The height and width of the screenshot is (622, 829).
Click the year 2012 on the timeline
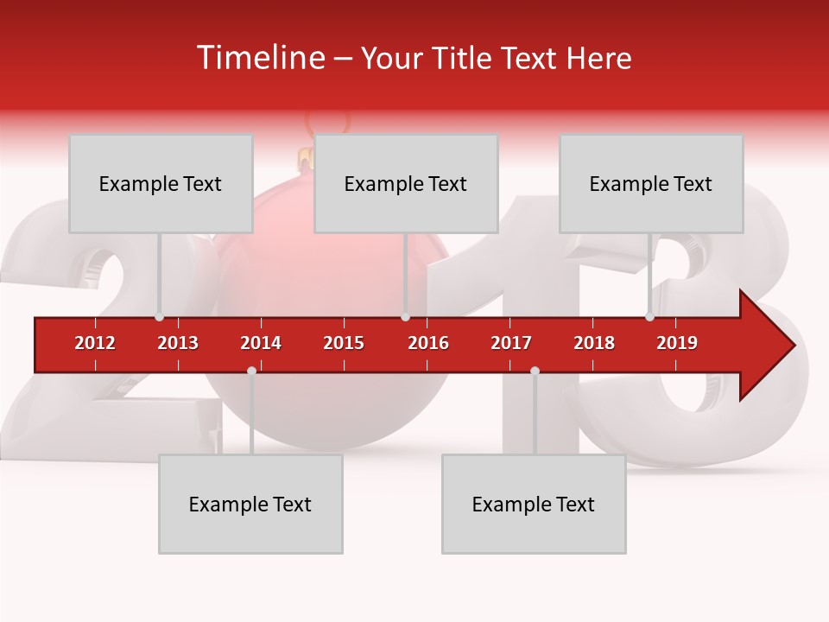coord(95,343)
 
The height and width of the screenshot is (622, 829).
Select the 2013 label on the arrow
coord(178,343)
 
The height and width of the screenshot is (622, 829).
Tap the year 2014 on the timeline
coord(261,343)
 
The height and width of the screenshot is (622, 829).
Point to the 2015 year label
coord(344,343)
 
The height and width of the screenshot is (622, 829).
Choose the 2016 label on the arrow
coord(428,343)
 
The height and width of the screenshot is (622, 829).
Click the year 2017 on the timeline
coord(511,343)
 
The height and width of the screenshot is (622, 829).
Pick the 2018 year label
coord(594,343)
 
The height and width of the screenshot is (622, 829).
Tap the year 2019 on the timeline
coord(677,343)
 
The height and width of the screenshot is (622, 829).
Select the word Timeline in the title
coord(258,58)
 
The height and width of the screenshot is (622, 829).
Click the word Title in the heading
coord(463,58)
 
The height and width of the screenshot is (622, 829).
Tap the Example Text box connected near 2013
coord(161,183)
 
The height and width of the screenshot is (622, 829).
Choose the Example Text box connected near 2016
coord(406,183)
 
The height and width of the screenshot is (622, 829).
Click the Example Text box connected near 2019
coord(651,183)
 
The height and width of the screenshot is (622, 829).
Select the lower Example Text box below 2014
coord(250,504)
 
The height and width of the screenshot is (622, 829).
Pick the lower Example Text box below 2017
coord(534,504)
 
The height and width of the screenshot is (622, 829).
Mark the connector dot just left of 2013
coord(160,317)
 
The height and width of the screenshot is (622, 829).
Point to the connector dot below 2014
coord(251,371)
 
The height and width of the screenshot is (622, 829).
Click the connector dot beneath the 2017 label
coord(535,371)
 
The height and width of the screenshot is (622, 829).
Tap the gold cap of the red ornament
coord(305,159)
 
